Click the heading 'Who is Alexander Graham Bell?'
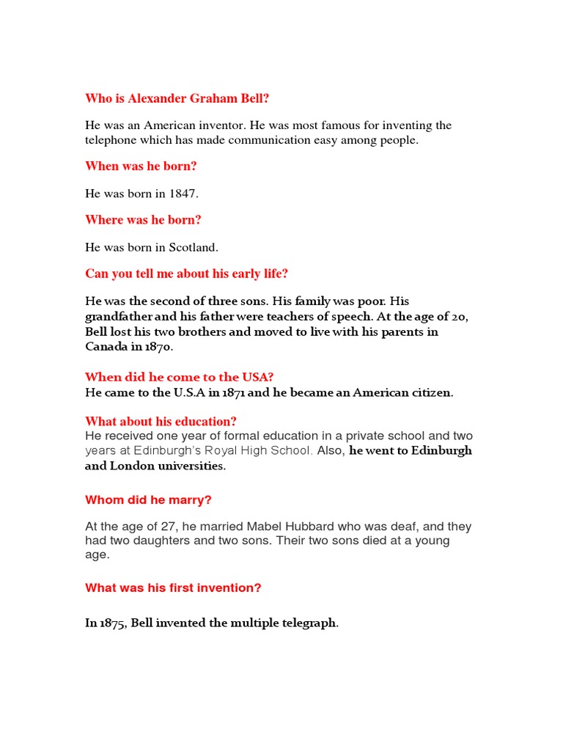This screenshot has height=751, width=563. click(182, 98)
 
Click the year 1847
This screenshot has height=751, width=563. click(184, 194)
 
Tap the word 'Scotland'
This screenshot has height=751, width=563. click(192, 247)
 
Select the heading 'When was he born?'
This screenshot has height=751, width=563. click(141, 166)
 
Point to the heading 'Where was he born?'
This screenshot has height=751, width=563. click(143, 220)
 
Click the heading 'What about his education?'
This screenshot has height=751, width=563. click(161, 421)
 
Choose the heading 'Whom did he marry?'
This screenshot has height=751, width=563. click(148, 500)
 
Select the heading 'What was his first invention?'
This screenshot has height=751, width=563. click(173, 587)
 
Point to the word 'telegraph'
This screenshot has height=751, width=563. click(309, 623)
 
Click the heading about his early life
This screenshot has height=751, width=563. click(186, 274)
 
